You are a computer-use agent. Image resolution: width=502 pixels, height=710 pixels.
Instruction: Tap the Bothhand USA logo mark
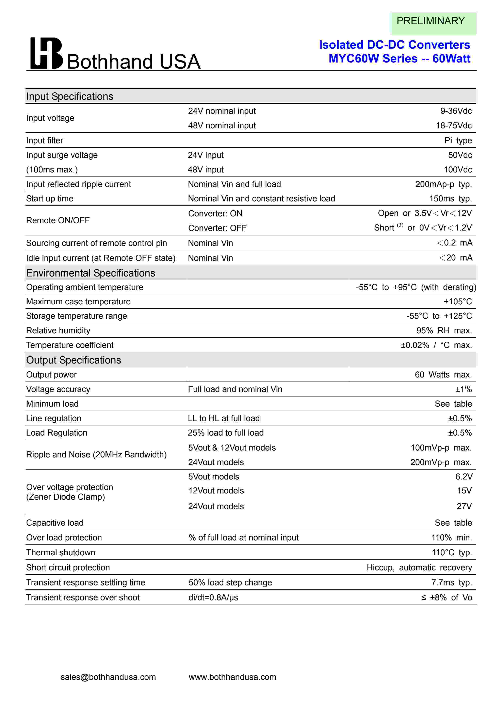click(46, 53)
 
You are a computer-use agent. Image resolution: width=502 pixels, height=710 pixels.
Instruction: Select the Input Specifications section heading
click(70, 97)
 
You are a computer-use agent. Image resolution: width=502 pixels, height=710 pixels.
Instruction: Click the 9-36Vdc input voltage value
click(456, 111)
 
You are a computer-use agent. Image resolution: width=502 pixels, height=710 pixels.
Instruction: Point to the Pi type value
click(458, 141)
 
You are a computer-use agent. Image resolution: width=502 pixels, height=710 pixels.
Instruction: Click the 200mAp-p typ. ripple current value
click(443, 184)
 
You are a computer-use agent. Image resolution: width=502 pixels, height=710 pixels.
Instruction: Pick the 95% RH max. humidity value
click(444, 331)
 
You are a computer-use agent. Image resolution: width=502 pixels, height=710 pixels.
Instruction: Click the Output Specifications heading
click(74, 360)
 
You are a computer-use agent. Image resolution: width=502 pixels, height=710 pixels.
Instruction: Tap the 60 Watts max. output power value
click(443, 375)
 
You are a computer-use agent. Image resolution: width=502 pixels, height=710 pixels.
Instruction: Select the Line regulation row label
click(53, 419)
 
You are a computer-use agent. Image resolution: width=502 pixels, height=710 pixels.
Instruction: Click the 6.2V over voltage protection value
click(464, 477)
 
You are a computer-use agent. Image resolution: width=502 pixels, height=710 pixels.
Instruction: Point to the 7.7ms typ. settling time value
click(451, 583)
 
